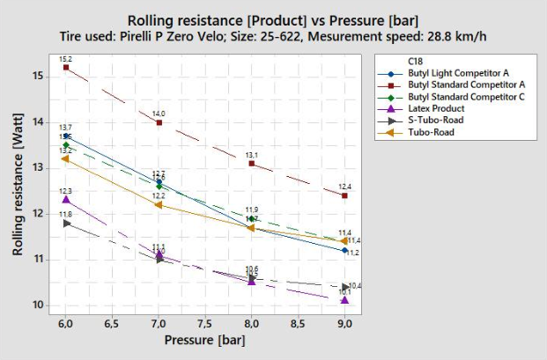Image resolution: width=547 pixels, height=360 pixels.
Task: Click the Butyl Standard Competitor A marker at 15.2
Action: point(66,67)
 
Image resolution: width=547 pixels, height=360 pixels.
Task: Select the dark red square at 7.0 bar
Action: point(159,122)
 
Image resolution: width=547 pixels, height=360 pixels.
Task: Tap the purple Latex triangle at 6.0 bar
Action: point(66,200)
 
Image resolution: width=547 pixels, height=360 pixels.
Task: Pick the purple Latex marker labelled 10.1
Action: point(344,300)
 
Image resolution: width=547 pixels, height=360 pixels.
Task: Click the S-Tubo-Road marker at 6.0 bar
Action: point(66,223)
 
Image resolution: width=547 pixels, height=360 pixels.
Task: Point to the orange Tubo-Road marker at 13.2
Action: point(65,158)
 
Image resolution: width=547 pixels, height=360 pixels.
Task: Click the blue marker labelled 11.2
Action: point(344,250)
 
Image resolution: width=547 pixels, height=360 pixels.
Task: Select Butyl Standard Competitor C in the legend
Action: point(464,96)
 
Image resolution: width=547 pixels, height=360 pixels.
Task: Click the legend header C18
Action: point(414,60)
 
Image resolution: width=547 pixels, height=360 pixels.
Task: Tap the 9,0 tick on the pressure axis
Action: point(344,323)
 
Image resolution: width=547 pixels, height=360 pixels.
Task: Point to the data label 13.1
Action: point(252,155)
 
